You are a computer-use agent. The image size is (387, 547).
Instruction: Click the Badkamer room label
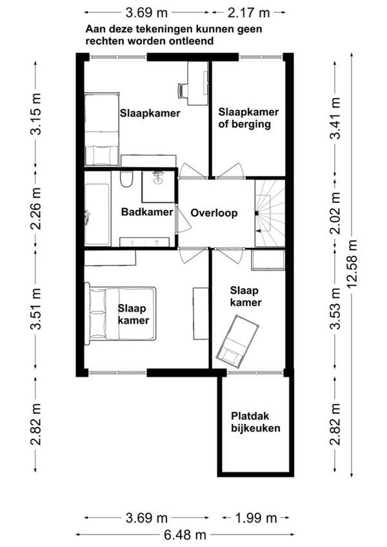(147, 212)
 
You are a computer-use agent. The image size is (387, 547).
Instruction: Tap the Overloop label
(214, 213)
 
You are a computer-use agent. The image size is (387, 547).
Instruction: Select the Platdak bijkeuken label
(255, 422)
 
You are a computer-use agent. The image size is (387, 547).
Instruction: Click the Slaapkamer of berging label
(248, 118)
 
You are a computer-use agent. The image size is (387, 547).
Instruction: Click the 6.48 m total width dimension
(185, 535)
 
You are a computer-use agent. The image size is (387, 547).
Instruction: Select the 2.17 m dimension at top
(249, 13)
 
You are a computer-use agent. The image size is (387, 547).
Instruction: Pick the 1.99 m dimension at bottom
(256, 518)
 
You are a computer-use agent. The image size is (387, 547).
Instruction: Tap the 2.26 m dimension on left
(35, 209)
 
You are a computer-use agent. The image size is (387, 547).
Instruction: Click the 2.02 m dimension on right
(335, 213)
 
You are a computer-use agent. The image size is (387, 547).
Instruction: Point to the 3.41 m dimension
(335, 119)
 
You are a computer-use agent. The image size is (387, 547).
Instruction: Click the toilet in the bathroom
(126, 178)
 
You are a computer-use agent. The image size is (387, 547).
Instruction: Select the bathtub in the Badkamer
(97, 209)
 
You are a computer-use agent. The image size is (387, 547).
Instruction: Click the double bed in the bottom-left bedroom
(120, 313)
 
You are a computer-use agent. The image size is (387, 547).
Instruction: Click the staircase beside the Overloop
(270, 213)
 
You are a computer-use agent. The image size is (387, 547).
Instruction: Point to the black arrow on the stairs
(258, 231)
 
